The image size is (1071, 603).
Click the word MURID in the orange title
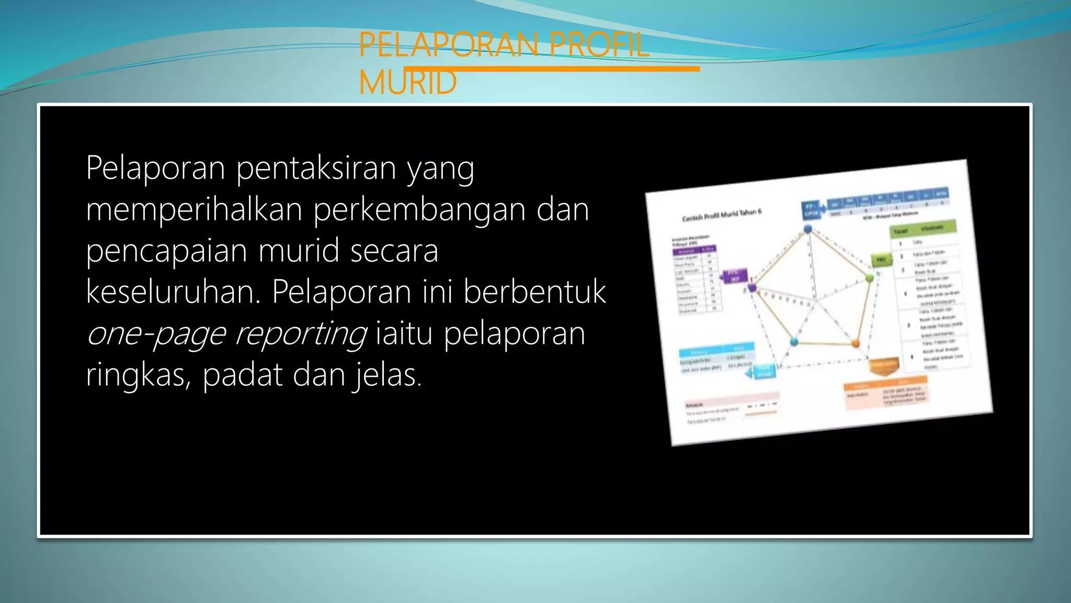click(x=408, y=83)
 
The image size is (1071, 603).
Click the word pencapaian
click(x=166, y=251)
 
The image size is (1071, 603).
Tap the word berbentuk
click(x=534, y=292)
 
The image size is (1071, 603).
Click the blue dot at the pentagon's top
click(x=808, y=229)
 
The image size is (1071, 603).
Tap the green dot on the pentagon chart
click(x=869, y=278)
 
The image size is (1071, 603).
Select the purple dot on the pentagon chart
click(x=753, y=287)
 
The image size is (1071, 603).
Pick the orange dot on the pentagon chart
click(x=856, y=344)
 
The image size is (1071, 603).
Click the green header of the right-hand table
click(x=923, y=229)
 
